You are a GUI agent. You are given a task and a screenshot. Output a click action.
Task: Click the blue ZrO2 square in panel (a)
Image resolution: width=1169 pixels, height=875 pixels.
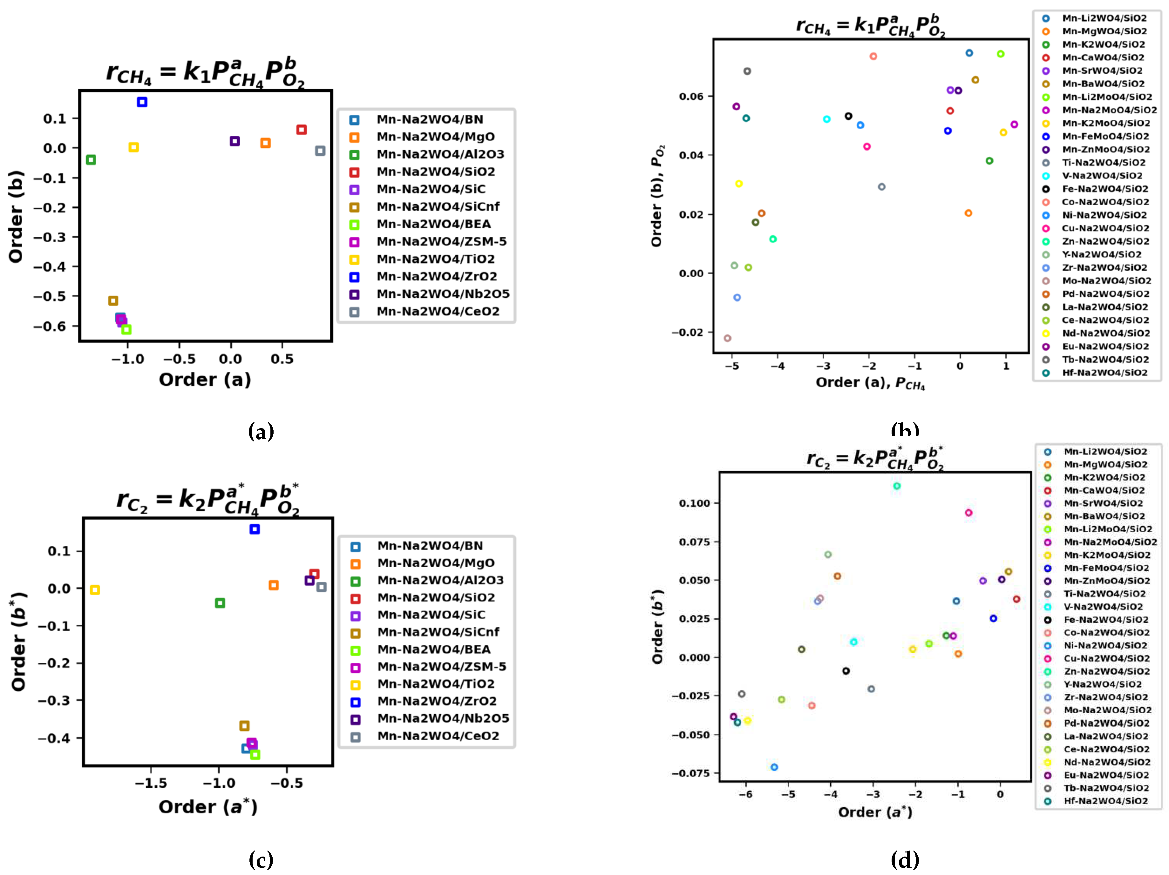(142, 102)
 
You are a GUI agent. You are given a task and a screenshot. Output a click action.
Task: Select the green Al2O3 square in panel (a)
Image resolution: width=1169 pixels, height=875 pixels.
(91, 159)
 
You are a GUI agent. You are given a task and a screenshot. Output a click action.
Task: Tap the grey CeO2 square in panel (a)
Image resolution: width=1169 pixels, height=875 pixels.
(320, 151)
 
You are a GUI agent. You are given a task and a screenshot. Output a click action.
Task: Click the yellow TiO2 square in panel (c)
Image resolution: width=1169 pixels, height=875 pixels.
(95, 590)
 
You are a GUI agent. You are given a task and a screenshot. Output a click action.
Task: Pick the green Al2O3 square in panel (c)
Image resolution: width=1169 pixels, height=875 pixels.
(220, 603)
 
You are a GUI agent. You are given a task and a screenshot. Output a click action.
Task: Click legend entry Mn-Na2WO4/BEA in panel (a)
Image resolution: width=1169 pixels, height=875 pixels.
(433, 224)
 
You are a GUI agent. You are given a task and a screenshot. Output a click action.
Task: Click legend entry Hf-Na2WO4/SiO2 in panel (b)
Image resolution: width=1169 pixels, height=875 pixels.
(1104, 373)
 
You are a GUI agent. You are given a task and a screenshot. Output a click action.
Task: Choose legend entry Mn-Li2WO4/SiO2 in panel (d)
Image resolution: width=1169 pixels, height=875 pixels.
(1105, 451)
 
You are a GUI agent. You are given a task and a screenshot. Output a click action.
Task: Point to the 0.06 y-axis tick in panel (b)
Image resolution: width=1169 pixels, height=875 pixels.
(691, 96)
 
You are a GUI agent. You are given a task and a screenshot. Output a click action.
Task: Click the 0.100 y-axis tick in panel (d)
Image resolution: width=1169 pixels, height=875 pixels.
(694, 503)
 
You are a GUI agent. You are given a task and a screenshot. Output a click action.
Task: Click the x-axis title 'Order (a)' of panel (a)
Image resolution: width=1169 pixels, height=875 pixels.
(205, 379)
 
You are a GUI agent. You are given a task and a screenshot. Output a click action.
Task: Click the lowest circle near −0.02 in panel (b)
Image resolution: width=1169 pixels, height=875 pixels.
(727, 338)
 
